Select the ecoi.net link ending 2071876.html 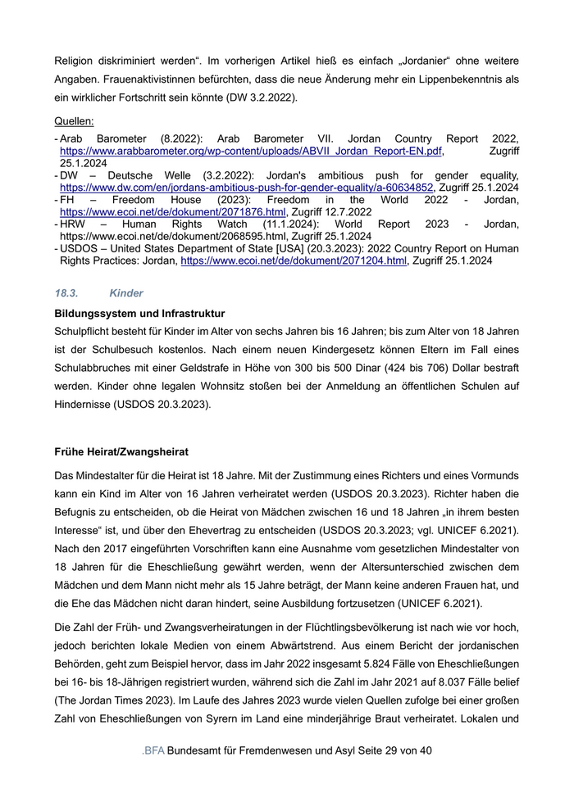[x=173, y=211]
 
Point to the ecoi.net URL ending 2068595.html [x=173, y=236]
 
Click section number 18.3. [x=66, y=292]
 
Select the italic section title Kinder [x=126, y=292]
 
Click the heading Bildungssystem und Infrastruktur [x=139, y=314]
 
